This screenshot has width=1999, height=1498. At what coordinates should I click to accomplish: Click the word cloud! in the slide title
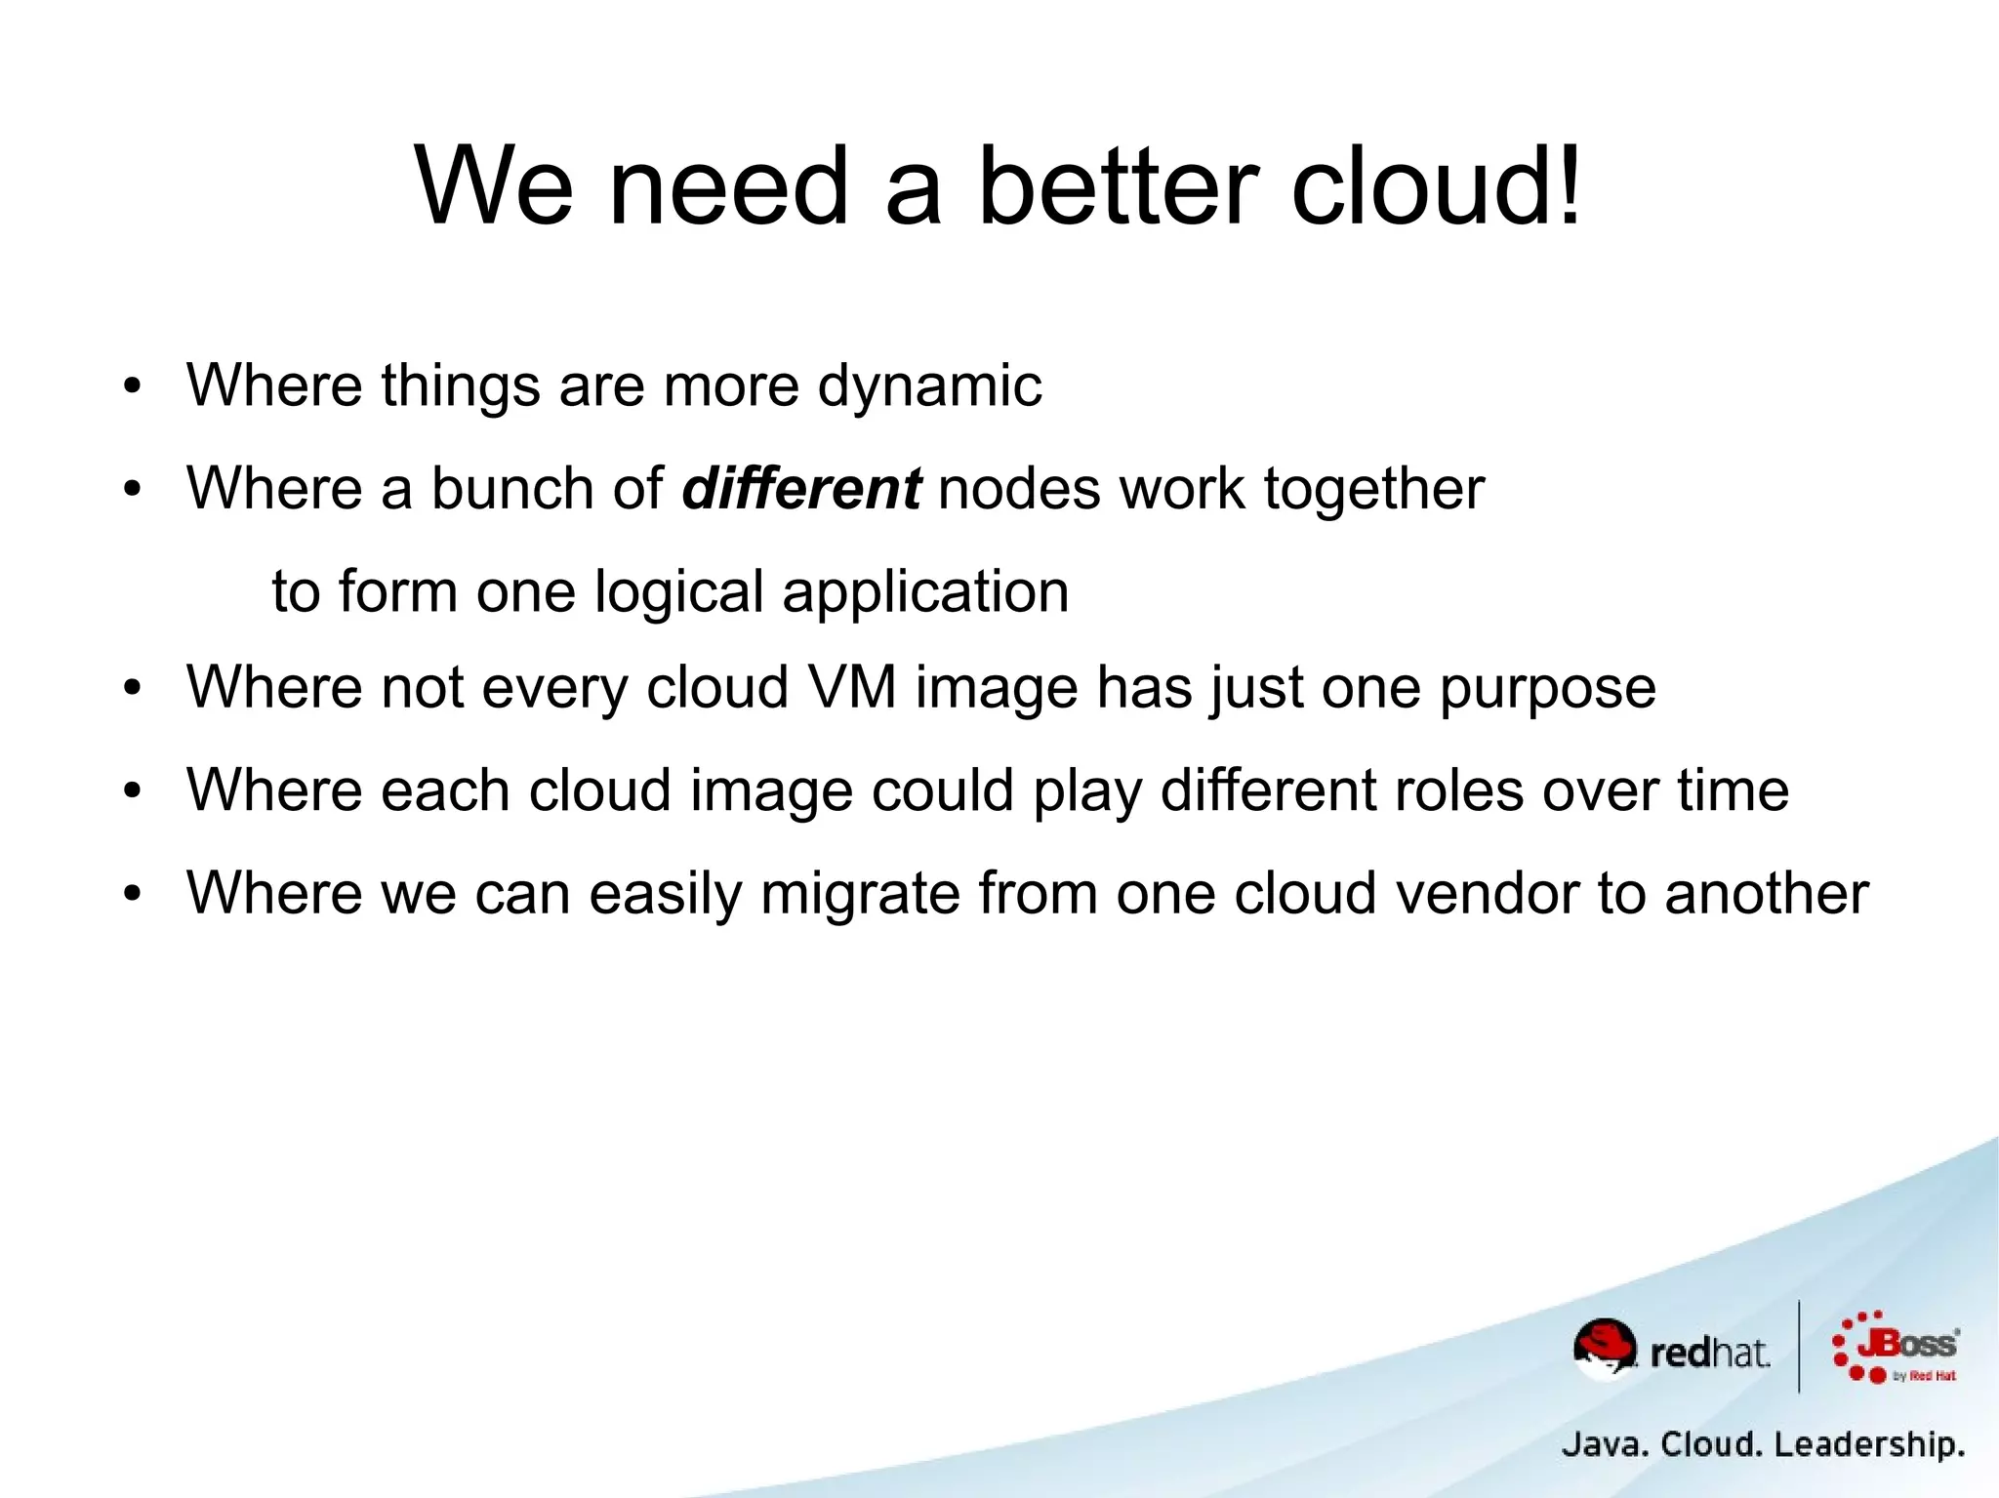click(x=1436, y=185)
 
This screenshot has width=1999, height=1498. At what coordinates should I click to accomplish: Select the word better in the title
click(x=1118, y=185)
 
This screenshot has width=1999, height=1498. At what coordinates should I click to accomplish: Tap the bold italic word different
click(x=800, y=488)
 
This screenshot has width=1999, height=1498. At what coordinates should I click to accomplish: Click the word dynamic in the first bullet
click(x=929, y=386)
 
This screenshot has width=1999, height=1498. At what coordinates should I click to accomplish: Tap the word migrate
click(x=860, y=894)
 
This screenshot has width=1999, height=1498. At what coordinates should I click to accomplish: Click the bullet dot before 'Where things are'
click(x=133, y=386)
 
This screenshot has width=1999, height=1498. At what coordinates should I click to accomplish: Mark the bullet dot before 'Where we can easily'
click(x=133, y=893)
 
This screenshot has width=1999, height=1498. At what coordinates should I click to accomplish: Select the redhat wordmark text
click(x=1709, y=1354)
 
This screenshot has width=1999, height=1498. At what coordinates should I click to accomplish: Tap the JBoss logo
click(x=1896, y=1348)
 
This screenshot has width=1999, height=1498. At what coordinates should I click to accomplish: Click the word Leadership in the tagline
click(x=1868, y=1444)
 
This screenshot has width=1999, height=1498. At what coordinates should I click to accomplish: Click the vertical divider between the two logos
click(x=1799, y=1347)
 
